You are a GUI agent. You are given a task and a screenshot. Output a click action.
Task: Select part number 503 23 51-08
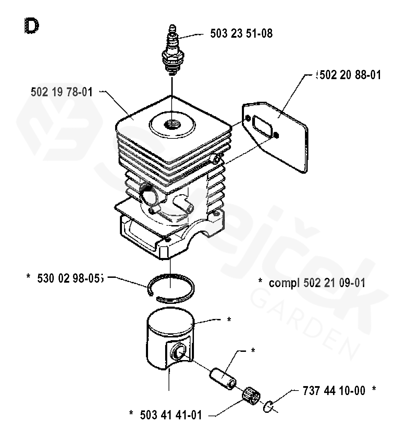click(241, 33)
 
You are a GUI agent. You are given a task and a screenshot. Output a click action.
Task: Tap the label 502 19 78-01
click(62, 92)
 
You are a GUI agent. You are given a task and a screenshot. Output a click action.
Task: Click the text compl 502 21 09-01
click(317, 283)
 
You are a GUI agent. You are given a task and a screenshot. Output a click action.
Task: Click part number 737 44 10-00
click(334, 390)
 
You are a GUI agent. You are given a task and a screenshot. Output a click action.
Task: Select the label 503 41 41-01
click(171, 415)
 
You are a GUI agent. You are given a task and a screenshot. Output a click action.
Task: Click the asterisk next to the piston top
click(229, 319)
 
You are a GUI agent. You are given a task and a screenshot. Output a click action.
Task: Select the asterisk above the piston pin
click(253, 350)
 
